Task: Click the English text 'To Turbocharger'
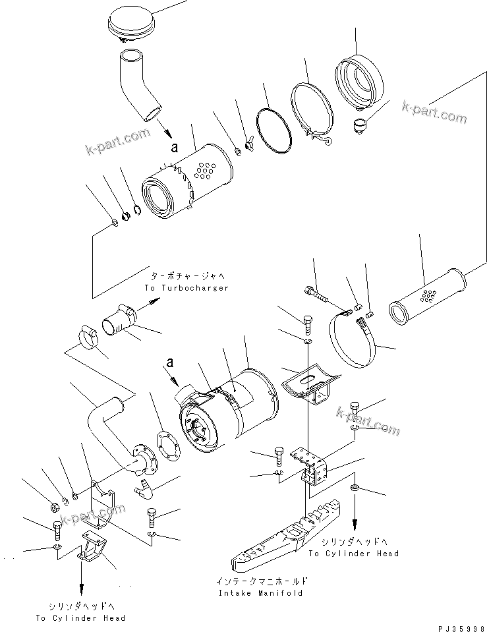pos(185,289)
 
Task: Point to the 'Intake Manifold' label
pos(260,592)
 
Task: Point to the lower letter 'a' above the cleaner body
pos(170,362)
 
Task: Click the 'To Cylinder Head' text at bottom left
pos(80,618)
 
